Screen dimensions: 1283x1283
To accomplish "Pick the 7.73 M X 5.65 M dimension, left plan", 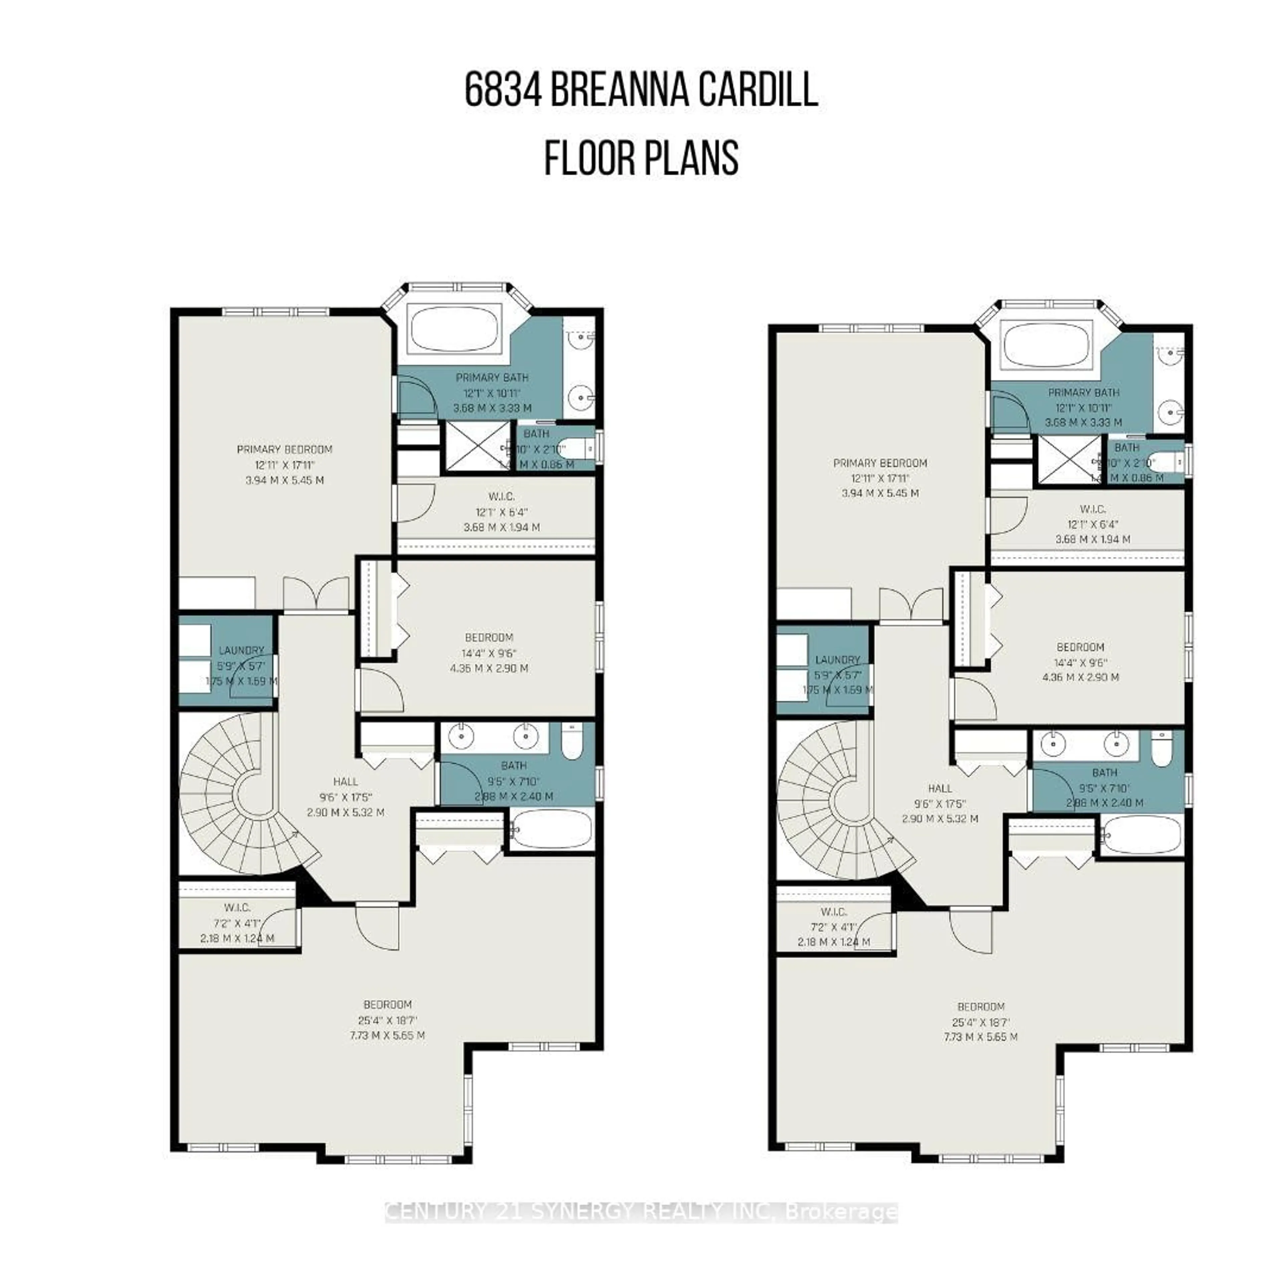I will (387, 1035).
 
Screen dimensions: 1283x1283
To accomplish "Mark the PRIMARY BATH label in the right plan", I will (1083, 393).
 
